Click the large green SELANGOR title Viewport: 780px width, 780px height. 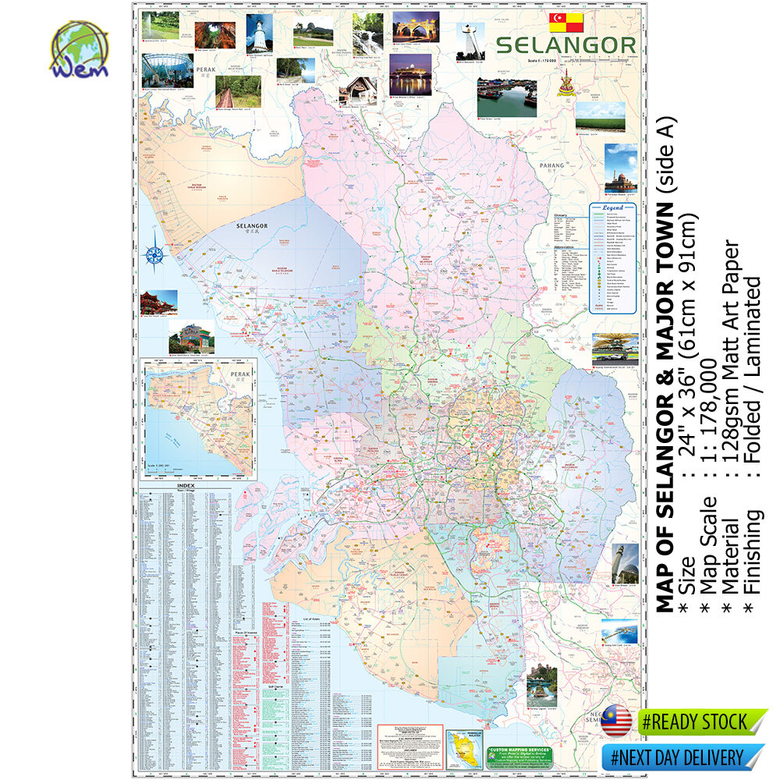pos(565,45)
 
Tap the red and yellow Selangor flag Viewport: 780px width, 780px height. pos(566,22)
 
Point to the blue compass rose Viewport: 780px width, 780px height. pos(154,253)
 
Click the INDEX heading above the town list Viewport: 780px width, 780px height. pos(186,487)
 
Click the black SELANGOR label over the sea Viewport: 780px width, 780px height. pos(252,226)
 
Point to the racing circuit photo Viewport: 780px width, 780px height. pos(615,346)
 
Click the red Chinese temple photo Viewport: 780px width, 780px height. pos(158,302)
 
